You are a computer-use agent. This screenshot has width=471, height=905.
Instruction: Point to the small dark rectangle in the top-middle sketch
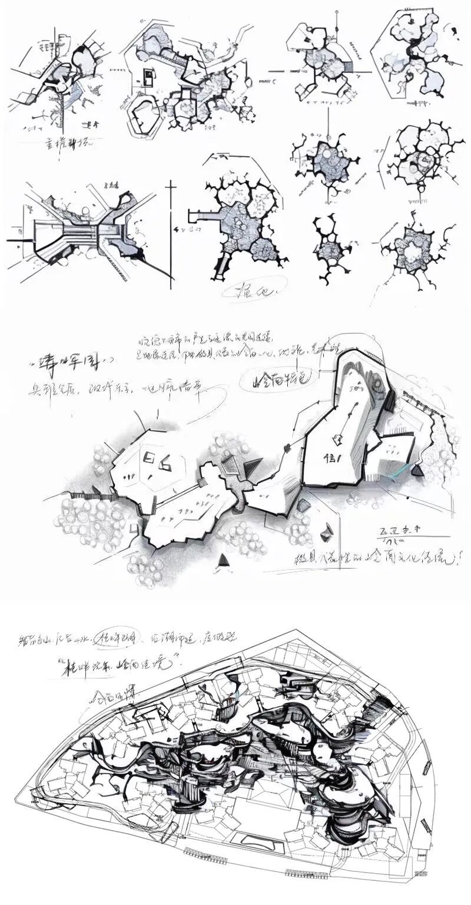[150, 77]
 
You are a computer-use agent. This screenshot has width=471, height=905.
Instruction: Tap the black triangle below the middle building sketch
[224, 562]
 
